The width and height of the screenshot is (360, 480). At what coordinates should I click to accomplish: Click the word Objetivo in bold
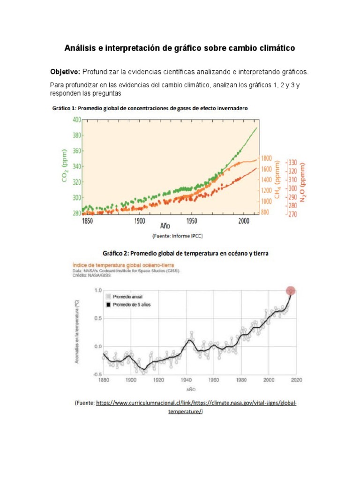coord(66,72)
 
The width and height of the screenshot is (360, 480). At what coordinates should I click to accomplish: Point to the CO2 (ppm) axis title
coord(64,166)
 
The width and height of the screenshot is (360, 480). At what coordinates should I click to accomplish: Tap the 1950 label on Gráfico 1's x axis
coord(191,220)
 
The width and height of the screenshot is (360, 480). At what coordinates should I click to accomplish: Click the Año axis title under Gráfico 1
coord(165,225)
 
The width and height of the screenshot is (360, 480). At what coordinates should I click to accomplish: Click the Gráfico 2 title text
coord(180,253)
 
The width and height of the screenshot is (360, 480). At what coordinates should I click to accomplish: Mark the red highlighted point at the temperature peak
coord(291,291)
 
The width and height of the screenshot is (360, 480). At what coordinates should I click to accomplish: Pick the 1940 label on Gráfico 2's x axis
coord(186,380)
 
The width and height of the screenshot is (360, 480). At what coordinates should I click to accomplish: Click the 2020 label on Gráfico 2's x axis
coord(296,380)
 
